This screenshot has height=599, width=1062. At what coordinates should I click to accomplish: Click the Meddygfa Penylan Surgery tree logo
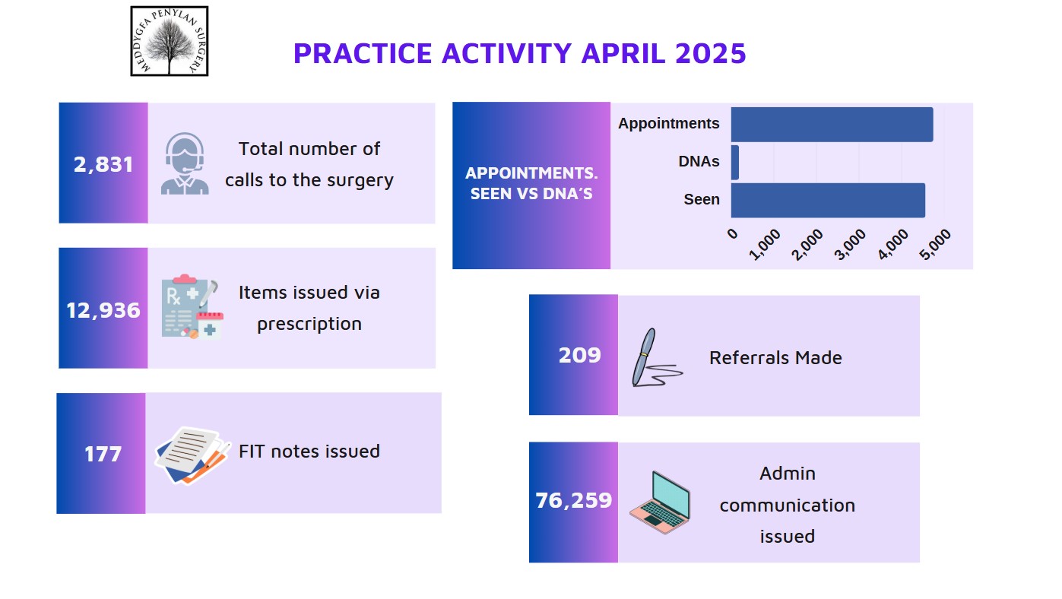point(170,41)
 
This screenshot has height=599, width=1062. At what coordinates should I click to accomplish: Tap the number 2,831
point(103,164)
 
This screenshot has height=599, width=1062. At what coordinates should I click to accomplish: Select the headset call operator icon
point(185,163)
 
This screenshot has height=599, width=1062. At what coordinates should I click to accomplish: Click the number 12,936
point(103,310)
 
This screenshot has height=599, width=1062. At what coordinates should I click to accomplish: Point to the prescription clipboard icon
point(192,306)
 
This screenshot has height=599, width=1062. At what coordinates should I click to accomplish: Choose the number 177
point(103,454)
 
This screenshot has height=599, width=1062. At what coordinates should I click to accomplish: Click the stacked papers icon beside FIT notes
point(192,455)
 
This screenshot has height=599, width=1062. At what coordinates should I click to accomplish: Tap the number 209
point(580,355)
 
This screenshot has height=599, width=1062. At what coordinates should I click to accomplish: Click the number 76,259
point(574,500)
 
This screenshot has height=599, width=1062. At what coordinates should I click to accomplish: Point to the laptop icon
point(660,502)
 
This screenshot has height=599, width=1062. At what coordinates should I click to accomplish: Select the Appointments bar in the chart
point(832,125)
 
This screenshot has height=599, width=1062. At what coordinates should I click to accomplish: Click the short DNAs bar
point(735,163)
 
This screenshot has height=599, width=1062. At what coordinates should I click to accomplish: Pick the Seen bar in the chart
point(828,201)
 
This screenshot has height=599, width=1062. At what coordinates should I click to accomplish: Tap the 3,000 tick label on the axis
point(850,245)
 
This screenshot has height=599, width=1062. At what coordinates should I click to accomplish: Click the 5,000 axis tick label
point(935,245)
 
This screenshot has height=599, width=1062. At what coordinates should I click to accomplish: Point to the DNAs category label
point(699,162)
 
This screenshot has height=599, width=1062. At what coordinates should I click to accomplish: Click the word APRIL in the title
point(623,53)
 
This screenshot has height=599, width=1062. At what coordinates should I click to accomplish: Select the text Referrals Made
point(775,358)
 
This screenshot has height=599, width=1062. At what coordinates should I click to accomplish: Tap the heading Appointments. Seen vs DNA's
point(531,183)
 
